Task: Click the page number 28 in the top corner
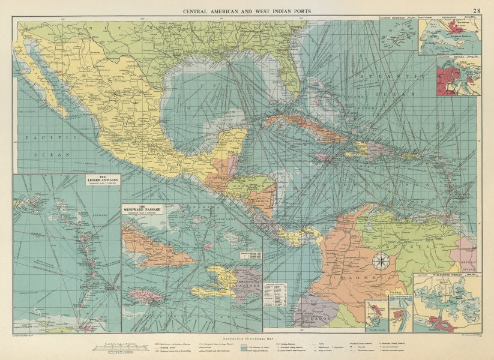pyautogui.click(x=476, y=10)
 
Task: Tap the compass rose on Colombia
pyautogui.click(x=380, y=261)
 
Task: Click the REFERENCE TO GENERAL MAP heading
pyautogui.click(x=247, y=338)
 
